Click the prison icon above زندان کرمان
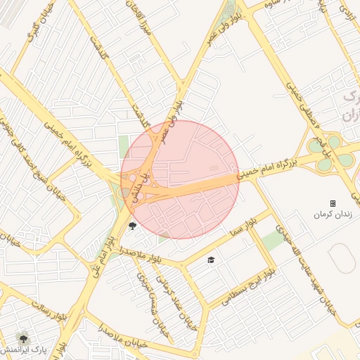pyautogui.click(x=333, y=203)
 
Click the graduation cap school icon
pyautogui.click(x=210, y=261)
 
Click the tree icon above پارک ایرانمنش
pyautogui.click(x=23, y=338)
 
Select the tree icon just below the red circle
pyautogui.click(x=132, y=226)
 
